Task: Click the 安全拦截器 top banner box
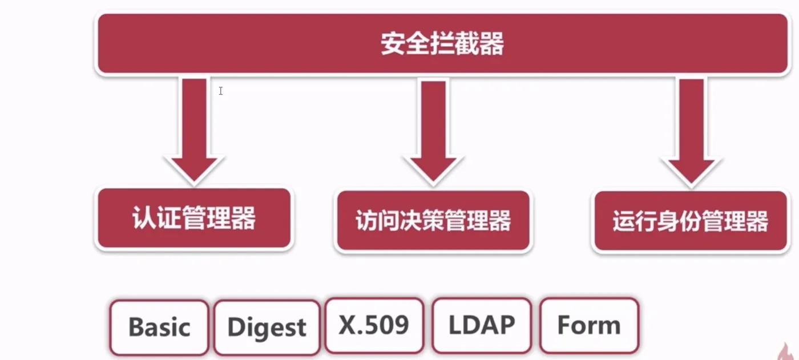coord(442,44)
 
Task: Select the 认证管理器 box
coord(194,219)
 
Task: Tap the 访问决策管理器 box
coord(433,221)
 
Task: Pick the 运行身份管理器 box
coord(691,221)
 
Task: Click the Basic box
coord(159,327)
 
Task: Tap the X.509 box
coord(374,325)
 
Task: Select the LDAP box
coord(482,325)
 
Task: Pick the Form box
coord(588,325)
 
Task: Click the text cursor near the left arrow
coord(220,91)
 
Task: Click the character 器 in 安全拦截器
coord(492,45)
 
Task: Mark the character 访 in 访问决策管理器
coord(366,221)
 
